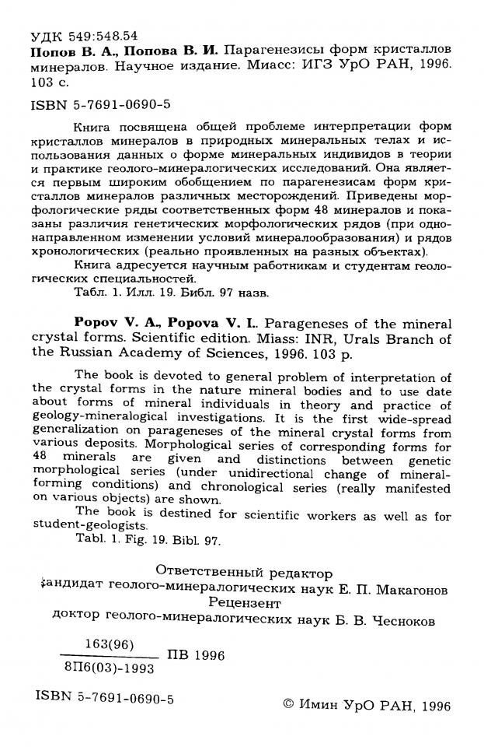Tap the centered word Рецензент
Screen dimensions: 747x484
pyautogui.click(x=242, y=605)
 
